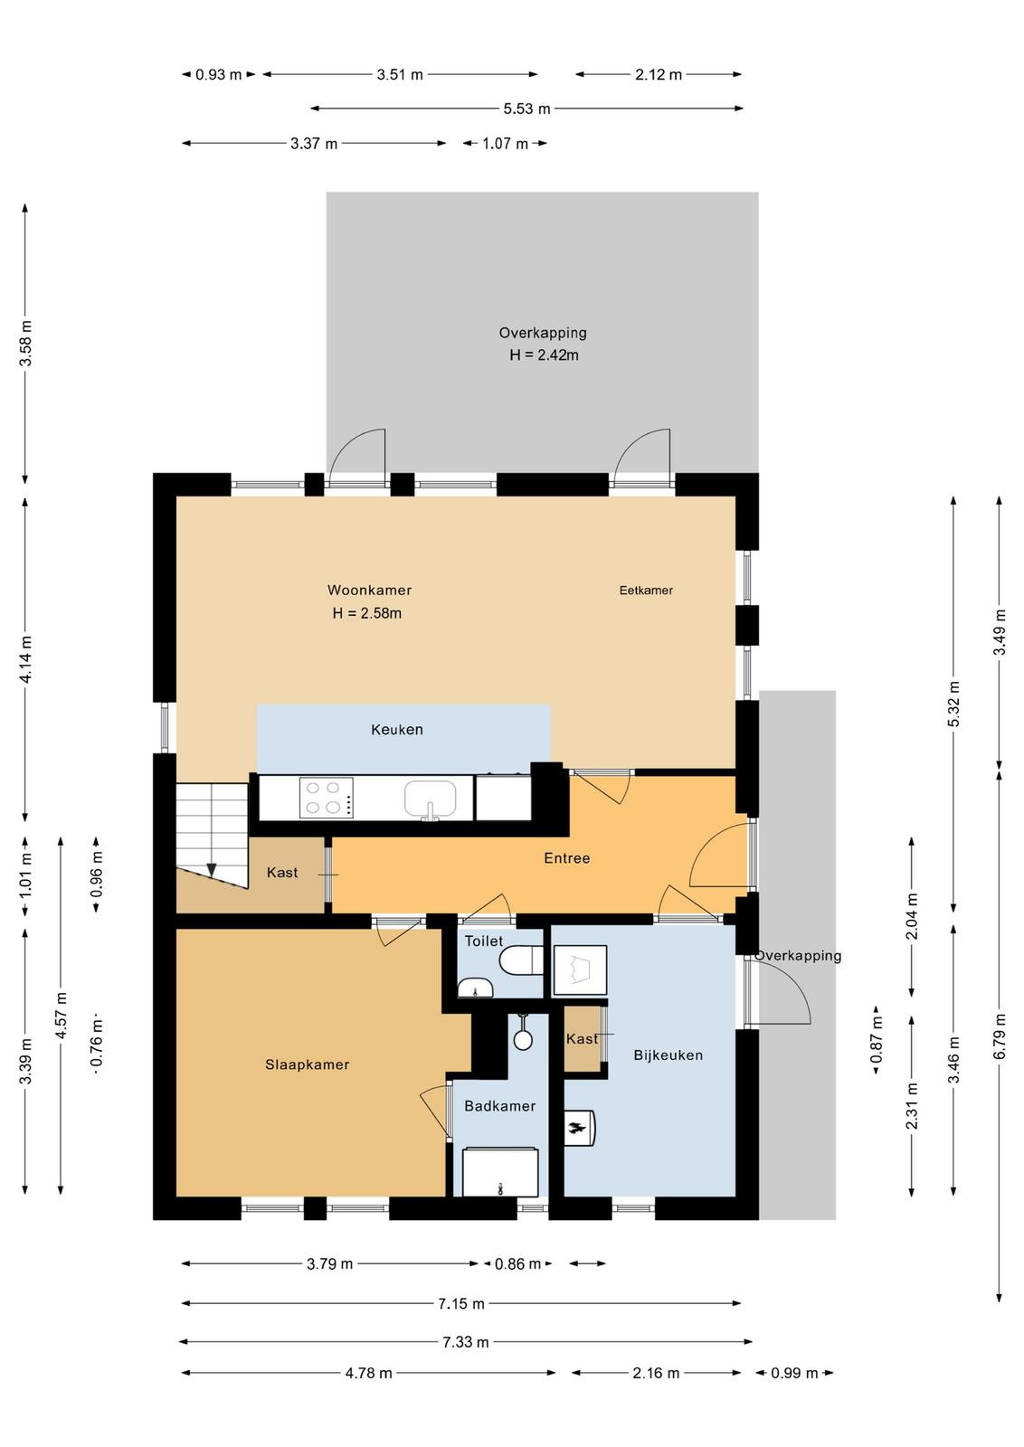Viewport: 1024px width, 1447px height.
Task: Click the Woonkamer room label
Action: [x=369, y=590]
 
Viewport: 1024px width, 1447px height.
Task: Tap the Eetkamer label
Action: [x=645, y=590]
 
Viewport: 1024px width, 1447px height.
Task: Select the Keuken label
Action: [x=397, y=729]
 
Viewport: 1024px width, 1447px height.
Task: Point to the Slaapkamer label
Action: [x=307, y=1064]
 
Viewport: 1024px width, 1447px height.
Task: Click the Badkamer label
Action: [x=499, y=1106]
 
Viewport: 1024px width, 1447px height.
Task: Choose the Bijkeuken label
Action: [x=668, y=1055]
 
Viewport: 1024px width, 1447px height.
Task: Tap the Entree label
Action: [x=566, y=858]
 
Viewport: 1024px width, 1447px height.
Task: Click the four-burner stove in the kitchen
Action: [x=327, y=797]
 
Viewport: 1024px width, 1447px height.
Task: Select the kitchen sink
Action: [x=430, y=799]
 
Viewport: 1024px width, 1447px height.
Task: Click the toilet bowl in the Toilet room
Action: [x=521, y=960]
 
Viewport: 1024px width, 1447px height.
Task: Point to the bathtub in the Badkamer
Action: [x=500, y=1172]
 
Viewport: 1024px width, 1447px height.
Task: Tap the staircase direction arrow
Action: [x=212, y=870]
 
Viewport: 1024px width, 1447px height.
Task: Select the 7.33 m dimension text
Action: [x=465, y=1342]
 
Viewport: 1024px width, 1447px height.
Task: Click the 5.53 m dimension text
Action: [x=526, y=109]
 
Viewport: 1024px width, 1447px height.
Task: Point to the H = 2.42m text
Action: [x=544, y=355]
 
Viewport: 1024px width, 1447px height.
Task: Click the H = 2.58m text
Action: [x=366, y=613]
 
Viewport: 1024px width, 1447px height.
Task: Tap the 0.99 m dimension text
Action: [x=794, y=1373]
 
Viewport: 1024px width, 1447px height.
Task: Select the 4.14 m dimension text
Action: [x=25, y=659]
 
